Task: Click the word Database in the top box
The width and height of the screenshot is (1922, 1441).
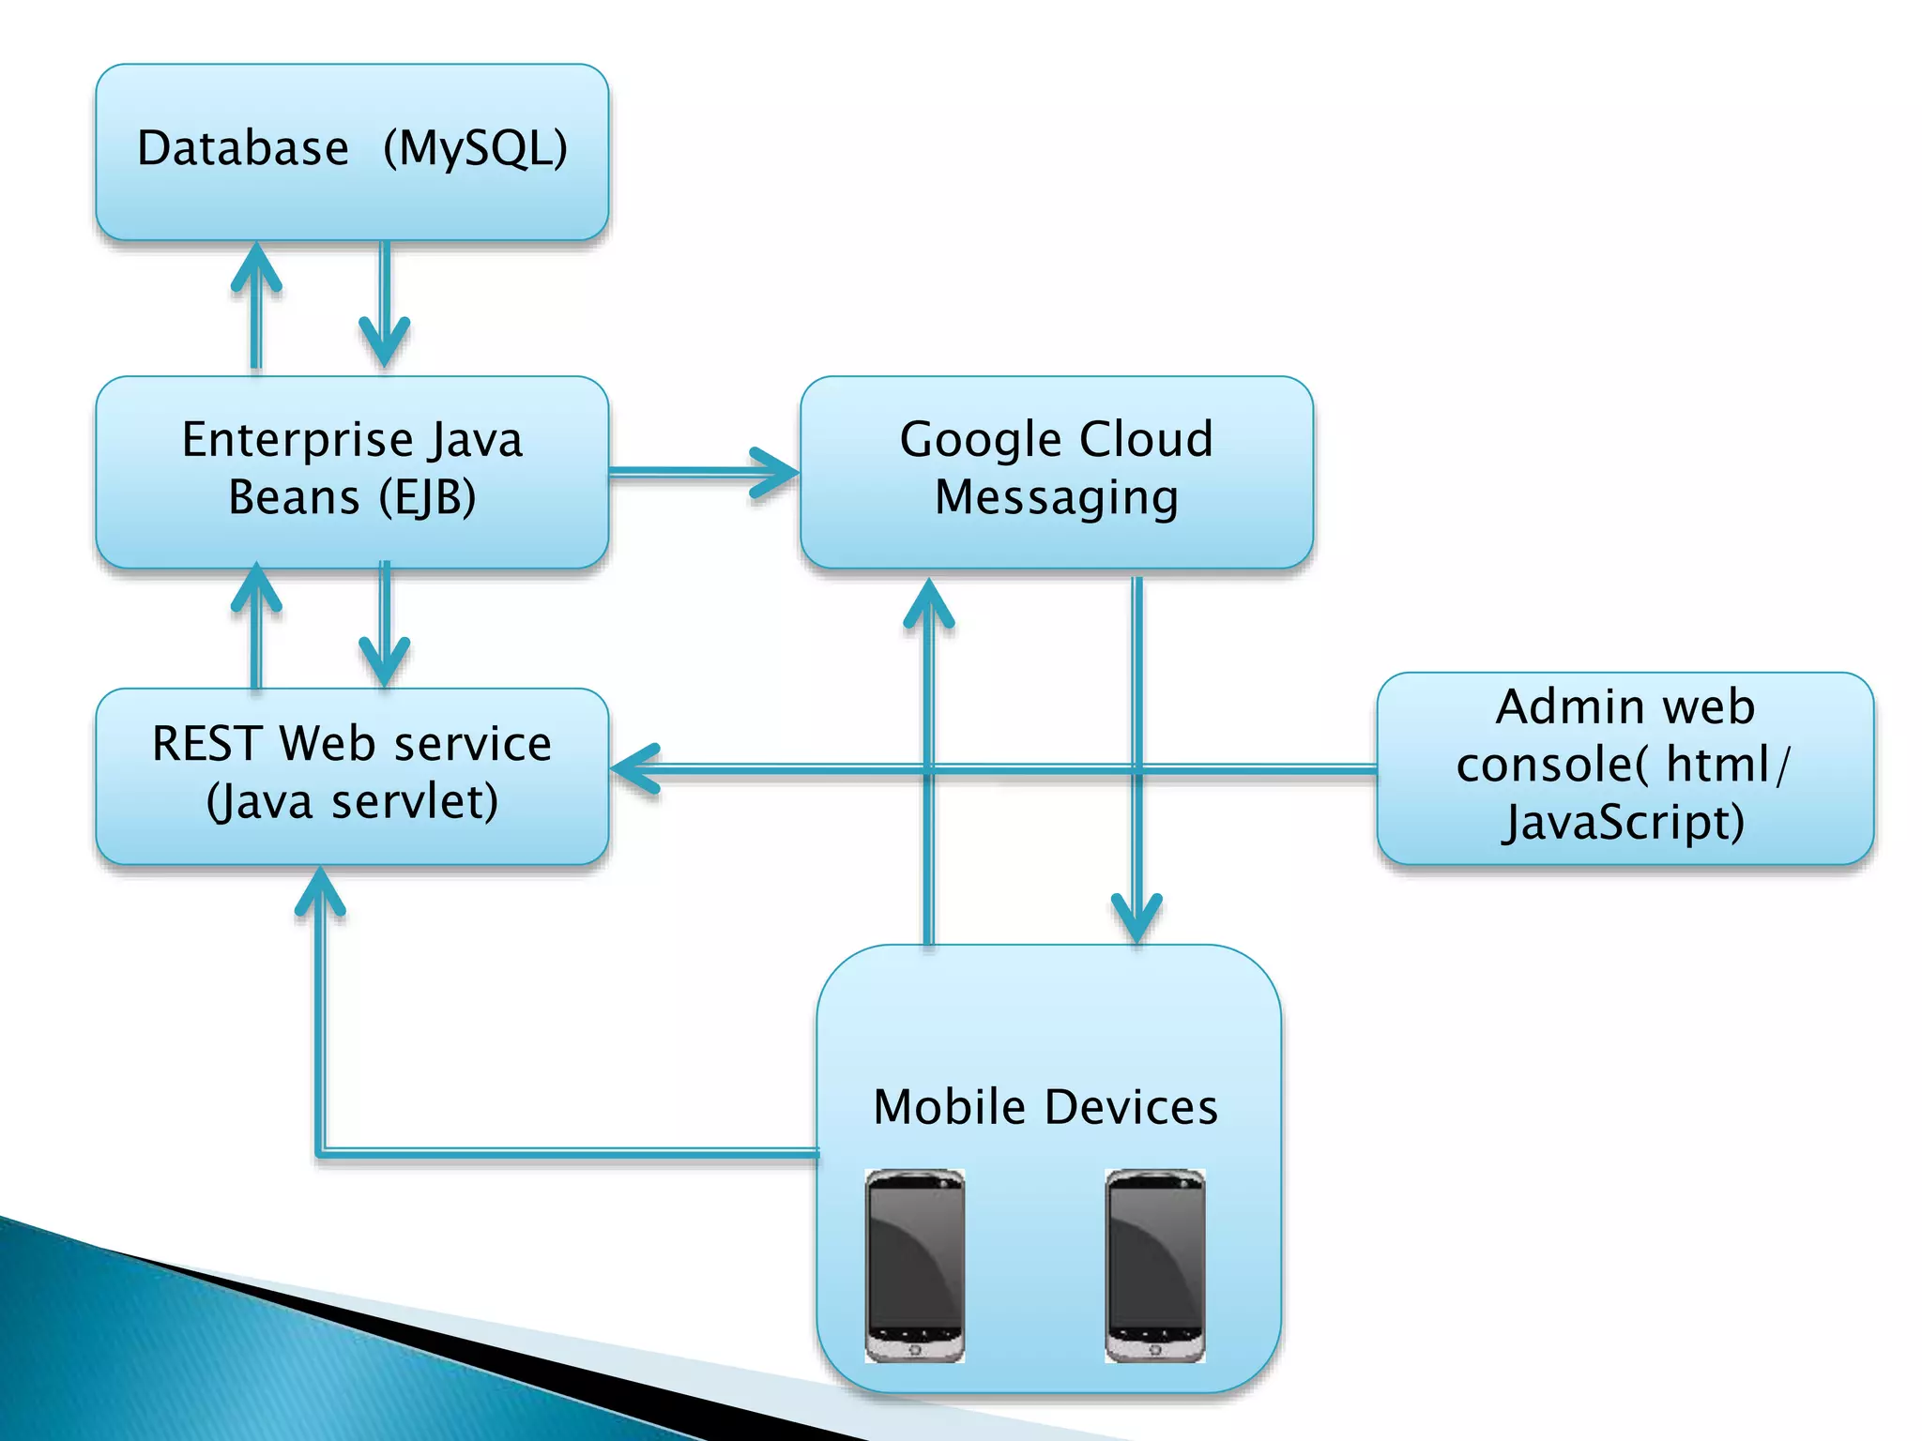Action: [x=242, y=148]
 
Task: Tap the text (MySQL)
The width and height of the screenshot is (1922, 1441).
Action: [x=475, y=148]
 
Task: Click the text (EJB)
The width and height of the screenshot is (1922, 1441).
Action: [x=427, y=497]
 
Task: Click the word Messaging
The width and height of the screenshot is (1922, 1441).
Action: [x=1056, y=497]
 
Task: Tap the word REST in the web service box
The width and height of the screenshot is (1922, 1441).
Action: [x=206, y=744]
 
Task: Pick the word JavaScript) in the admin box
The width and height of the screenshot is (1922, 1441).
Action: [x=1623, y=823]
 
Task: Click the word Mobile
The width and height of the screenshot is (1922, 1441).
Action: [x=949, y=1107]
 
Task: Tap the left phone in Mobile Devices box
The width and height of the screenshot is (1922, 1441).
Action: [x=914, y=1265]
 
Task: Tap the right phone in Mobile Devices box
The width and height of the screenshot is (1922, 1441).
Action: [x=1154, y=1265]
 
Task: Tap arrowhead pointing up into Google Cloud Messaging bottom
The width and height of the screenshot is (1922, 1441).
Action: [x=928, y=601]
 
